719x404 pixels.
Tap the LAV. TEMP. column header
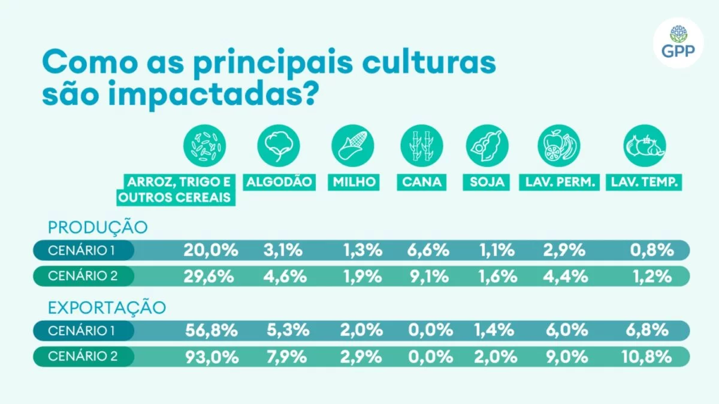[644, 182]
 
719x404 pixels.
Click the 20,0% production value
[211, 250]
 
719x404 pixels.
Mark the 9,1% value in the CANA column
[428, 276]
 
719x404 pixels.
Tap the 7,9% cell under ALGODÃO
[286, 357]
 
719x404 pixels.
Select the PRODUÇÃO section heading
[97, 228]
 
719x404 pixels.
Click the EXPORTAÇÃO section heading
[106, 308]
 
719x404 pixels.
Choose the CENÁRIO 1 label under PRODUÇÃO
[83, 250]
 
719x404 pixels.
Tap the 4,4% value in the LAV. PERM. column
[563, 276]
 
